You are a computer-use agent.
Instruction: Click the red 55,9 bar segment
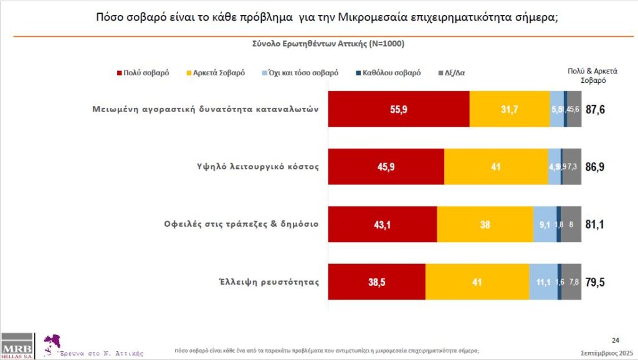click(x=399, y=109)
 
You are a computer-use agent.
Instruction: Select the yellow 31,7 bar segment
click(x=510, y=109)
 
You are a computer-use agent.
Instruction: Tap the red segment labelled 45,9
click(x=386, y=167)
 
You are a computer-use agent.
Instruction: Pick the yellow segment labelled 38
click(x=485, y=224)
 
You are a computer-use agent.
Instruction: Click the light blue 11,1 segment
click(x=543, y=282)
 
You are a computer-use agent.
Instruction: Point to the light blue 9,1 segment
click(x=545, y=224)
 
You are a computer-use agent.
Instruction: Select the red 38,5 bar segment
click(x=377, y=282)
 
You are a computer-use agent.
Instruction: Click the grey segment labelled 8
click(x=571, y=224)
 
